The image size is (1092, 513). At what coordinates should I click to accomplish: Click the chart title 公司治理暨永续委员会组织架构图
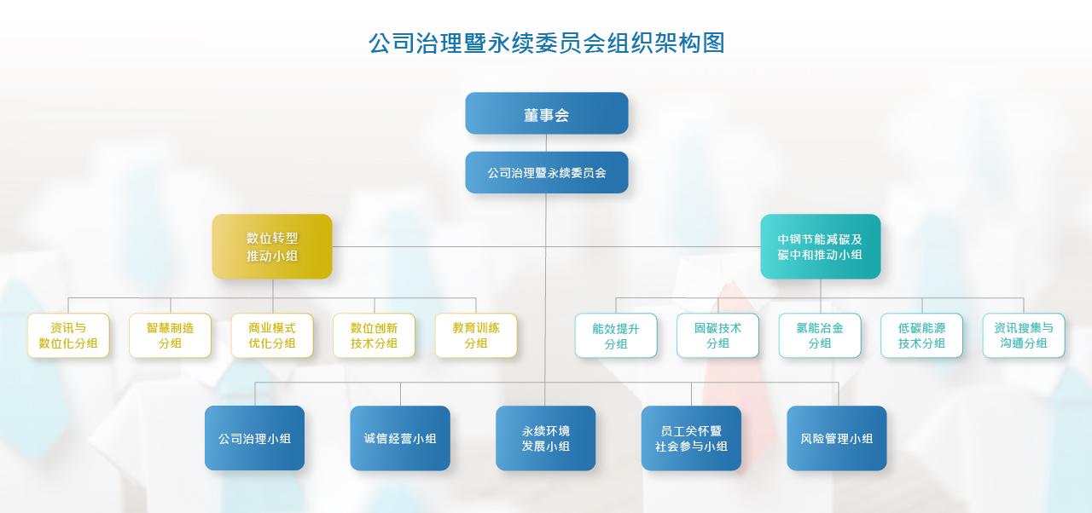[547, 43]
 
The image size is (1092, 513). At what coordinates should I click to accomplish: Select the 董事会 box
[547, 113]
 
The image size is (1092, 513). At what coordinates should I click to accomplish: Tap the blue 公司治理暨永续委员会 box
[547, 172]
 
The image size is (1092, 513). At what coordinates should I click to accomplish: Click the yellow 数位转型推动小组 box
[272, 246]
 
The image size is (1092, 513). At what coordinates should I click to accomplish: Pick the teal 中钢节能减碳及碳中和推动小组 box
[821, 246]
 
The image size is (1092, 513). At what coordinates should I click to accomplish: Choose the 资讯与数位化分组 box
[68, 336]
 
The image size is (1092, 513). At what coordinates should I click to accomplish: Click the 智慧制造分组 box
[170, 336]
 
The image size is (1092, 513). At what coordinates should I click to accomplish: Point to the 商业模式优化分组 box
[272, 336]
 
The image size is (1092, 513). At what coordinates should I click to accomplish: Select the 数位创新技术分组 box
[374, 336]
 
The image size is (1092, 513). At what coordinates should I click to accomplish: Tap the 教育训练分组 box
[476, 336]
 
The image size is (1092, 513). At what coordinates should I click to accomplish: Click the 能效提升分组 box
[616, 336]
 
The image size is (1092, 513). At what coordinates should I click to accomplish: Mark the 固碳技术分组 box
[717, 336]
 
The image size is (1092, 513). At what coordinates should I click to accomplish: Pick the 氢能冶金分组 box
[820, 336]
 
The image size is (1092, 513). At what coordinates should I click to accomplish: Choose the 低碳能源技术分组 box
[921, 336]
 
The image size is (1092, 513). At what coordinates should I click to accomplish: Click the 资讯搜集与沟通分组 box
[1024, 336]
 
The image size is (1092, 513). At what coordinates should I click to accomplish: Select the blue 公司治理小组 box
[254, 438]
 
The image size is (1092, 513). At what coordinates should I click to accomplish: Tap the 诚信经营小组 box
[400, 438]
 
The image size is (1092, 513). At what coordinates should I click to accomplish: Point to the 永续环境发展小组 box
[545, 438]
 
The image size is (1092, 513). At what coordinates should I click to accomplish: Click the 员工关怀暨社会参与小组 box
[691, 438]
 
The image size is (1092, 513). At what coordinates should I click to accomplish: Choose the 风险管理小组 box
[837, 438]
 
